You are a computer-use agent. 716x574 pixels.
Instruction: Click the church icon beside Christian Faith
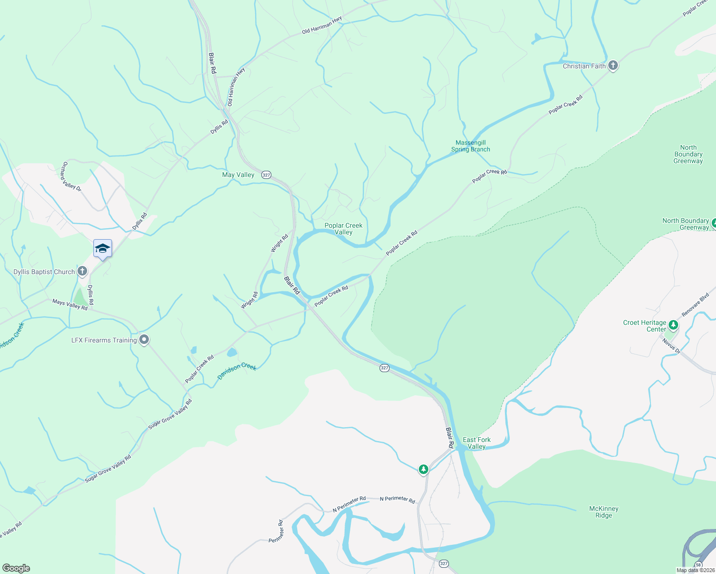pyautogui.click(x=613, y=66)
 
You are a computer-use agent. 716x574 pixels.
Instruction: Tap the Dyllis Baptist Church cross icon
pyautogui.click(x=82, y=272)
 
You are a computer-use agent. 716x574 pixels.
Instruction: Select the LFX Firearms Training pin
pyautogui.click(x=144, y=340)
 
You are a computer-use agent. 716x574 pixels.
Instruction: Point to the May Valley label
pyautogui.click(x=238, y=175)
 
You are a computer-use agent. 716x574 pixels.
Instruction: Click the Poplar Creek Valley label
pyautogui.click(x=344, y=229)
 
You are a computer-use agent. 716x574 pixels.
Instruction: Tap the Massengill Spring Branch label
pyautogui.click(x=470, y=146)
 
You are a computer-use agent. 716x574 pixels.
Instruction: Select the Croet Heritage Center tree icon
pyautogui.click(x=673, y=326)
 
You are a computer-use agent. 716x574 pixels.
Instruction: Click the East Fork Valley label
pyautogui.click(x=477, y=443)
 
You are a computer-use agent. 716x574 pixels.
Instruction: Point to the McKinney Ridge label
pyautogui.click(x=604, y=512)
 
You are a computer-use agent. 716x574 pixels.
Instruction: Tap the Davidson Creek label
pyautogui.click(x=237, y=371)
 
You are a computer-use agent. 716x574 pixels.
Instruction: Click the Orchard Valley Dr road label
pyautogui.click(x=71, y=176)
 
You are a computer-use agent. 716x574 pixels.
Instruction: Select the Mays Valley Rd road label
pyautogui.click(x=70, y=305)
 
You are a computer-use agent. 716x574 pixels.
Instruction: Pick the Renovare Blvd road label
pyautogui.click(x=695, y=305)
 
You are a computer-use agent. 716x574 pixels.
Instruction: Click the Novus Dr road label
pyautogui.click(x=671, y=345)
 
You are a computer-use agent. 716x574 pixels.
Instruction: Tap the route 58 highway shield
pyautogui.click(x=699, y=564)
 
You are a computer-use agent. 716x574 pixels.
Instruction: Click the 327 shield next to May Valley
pyautogui.click(x=267, y=175)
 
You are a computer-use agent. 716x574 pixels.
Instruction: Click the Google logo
pyautogui.click(x=16, y=568)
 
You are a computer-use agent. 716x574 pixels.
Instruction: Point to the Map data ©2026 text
pyautogui.click(x=695, y=570)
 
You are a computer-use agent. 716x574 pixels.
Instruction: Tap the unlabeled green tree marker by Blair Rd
pyautogui.click(x=423, y=469)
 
